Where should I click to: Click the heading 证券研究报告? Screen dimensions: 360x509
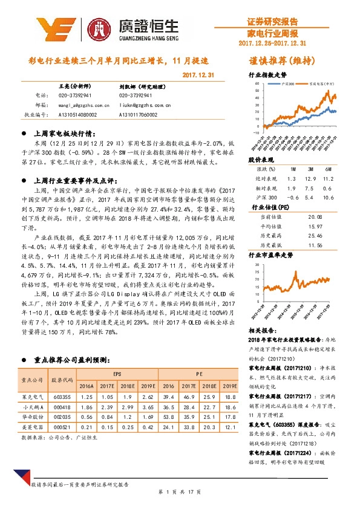click(x=273, y=20)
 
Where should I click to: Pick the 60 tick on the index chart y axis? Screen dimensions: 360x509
click(x=257, y=83)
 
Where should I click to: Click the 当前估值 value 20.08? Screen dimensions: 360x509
click(x=315, y=216)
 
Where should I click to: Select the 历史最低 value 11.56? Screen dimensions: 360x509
click(x=315, y=245)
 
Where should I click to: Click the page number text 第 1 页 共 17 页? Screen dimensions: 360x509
click(x=180, y=493)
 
